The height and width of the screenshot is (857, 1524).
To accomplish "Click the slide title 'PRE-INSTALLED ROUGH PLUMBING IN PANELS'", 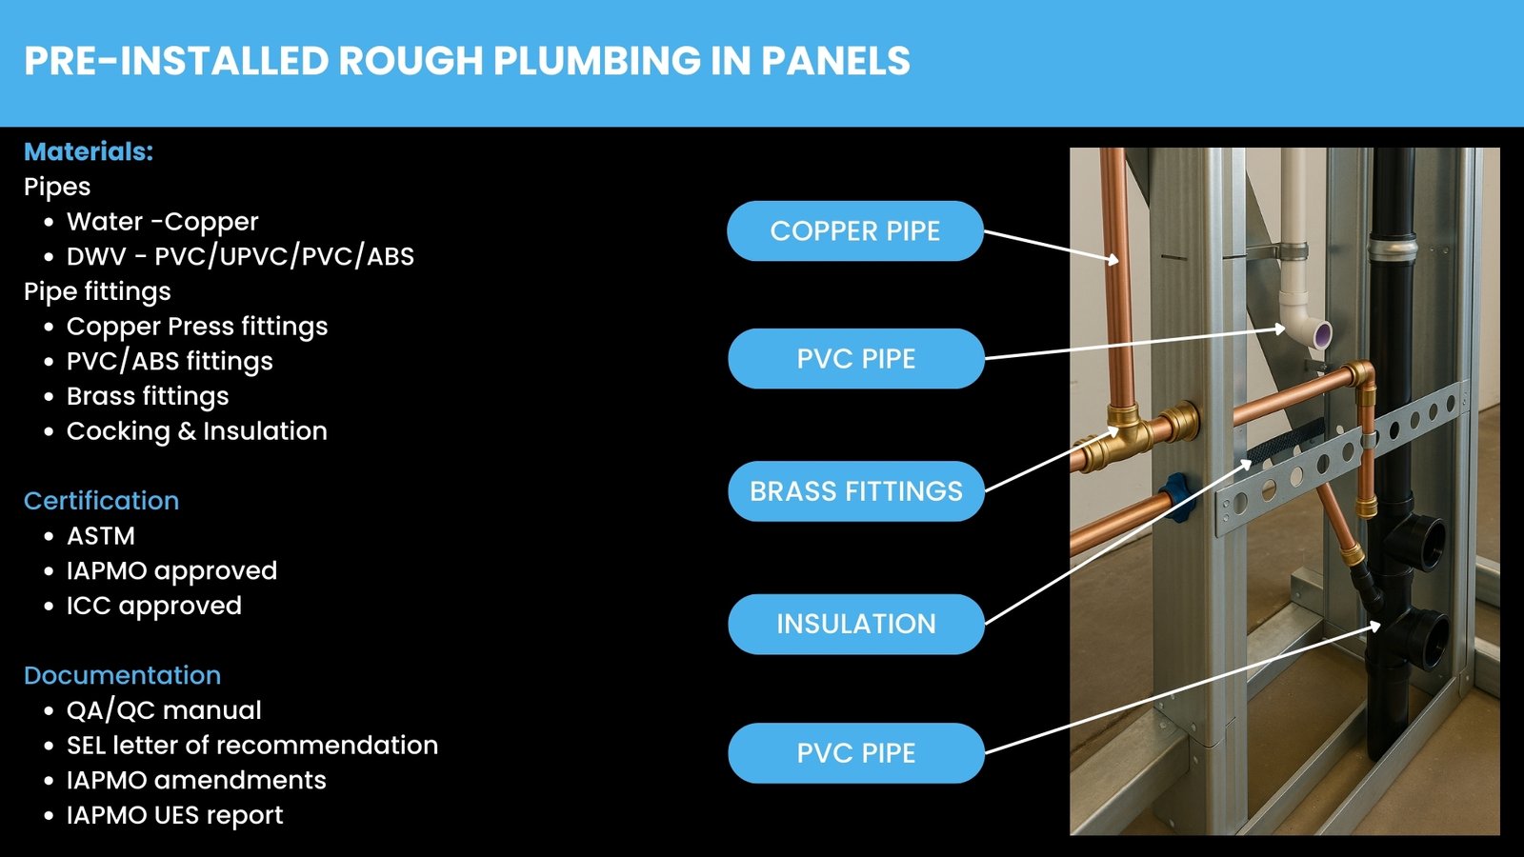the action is (467, 61).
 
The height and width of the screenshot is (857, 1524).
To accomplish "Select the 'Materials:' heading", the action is (89, 151).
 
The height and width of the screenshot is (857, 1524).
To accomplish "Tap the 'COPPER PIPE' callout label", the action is (855, 230).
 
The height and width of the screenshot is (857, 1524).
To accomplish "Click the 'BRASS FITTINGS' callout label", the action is (856, 491).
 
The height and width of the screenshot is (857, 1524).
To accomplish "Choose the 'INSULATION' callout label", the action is (856, 624).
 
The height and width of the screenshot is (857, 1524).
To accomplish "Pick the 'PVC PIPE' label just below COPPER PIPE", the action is (856, 358).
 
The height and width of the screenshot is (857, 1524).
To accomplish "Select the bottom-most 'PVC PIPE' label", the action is (856, 753).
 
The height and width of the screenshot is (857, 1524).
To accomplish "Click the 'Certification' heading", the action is (101, 501).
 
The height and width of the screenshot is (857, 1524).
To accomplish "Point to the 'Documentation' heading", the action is (123, 675).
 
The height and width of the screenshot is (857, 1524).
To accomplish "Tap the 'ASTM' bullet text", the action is (101, 536).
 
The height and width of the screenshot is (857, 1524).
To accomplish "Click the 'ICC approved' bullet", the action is (153, 606).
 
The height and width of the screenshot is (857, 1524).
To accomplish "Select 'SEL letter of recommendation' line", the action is (252, 745).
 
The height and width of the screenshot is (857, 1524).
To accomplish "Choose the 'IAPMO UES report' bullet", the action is (175, 815).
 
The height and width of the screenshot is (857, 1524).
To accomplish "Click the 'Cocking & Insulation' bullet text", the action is (196, 431).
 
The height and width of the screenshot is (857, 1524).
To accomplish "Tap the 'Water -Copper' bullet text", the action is (163, 222).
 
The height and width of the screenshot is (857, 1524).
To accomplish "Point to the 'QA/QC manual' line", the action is (164, 710).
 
